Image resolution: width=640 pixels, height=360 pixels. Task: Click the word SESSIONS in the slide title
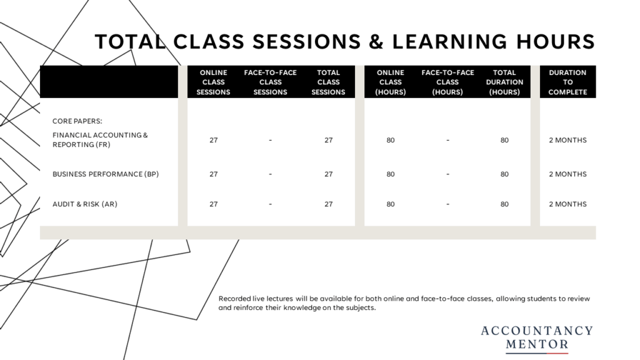point(307,42)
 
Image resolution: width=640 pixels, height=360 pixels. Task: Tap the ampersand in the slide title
point(376,42)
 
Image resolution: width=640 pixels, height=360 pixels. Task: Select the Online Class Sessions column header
point(213,82)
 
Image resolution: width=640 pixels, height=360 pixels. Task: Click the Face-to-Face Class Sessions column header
point(270,82)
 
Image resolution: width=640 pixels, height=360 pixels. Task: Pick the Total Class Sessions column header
point(328,82)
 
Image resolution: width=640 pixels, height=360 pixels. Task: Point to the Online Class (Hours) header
point(390,82)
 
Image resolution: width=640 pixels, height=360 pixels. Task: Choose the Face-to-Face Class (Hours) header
point(447,82)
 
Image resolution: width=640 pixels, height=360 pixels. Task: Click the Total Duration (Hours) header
point(504,82)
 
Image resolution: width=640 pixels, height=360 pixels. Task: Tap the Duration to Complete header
point(567,82)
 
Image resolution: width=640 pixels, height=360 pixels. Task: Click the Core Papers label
point(77,121)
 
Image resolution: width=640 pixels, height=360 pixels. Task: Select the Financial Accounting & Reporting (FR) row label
point(100,139)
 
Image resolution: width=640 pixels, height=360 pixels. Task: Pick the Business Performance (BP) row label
point(105,174)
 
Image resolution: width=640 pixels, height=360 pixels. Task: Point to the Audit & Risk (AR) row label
point(84,204)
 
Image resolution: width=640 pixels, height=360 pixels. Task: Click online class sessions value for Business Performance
point(214,174)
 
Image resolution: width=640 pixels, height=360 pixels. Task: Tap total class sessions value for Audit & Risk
point(329,204)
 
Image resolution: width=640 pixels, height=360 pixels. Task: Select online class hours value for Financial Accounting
point(391,140)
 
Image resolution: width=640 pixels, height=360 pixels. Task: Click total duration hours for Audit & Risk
point(504,204)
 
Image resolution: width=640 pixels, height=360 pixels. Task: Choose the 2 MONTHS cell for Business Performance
point(567,174)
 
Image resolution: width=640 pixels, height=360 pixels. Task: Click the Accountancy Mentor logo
point(537,339)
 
